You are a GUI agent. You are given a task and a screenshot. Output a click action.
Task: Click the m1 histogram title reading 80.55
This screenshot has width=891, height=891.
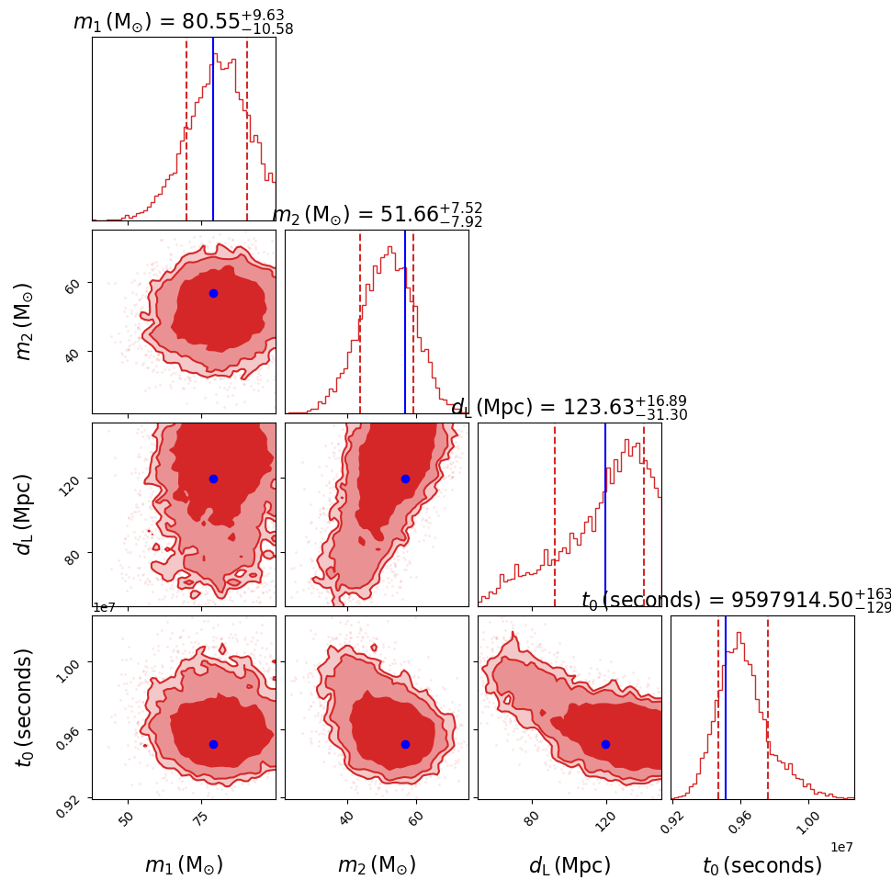[x=183, y=22]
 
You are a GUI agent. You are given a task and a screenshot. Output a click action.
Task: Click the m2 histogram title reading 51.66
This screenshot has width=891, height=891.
[x=377, y=215]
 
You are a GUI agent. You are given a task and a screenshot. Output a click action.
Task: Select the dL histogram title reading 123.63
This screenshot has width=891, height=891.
[x=569, y=408]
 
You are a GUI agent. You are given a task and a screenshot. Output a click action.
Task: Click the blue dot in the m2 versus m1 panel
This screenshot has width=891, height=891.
[x=213, y=293]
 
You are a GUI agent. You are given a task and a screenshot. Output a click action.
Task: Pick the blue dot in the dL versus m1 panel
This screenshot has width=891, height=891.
[x=213, y=479]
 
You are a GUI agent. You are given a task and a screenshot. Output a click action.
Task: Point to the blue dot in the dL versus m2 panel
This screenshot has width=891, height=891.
[x=405, y=479]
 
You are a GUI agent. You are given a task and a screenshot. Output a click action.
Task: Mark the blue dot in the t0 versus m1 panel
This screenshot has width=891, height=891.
[x=213, y=744]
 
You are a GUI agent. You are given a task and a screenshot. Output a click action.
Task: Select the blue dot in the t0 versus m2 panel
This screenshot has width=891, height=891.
[x=405, y=744]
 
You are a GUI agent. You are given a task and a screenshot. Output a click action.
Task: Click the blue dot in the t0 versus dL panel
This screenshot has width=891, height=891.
[x=605, y=744]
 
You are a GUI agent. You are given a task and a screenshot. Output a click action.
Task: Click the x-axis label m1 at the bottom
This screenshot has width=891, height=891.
[x=184, y=865]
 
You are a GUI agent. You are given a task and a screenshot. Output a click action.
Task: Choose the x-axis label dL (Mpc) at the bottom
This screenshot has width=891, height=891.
[x=570, y=865]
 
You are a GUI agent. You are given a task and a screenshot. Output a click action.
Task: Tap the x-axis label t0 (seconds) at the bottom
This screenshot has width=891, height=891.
[x=762, y=865]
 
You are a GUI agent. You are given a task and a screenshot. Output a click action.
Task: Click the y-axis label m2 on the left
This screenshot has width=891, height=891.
[x=25, y=321]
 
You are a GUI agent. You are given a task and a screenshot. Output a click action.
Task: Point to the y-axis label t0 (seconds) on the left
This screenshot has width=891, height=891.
[x=25, y=706]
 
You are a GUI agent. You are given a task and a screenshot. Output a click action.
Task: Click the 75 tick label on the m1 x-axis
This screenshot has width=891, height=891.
[x=200, y=818]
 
